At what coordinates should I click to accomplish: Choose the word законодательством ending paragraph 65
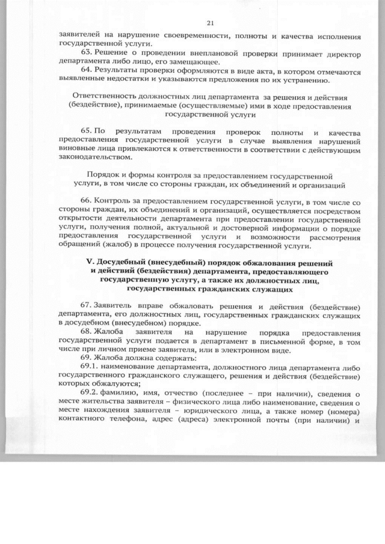click(93, 157)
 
